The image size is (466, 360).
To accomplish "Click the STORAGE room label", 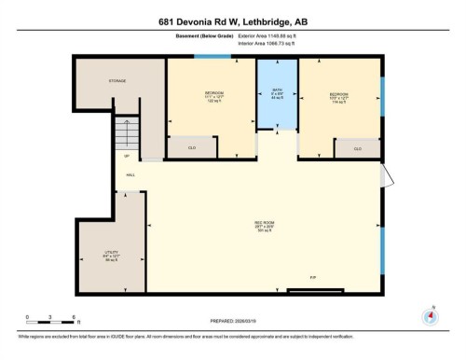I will tap(116, 81).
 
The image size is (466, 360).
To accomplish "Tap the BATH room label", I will tap(277, 91).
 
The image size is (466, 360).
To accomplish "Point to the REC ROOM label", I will tap(264, 224).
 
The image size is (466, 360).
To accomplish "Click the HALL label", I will tap(130, 175).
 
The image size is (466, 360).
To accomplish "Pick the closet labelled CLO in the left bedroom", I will tap(190, 147).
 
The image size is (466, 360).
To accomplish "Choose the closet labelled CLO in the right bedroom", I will tap(357, 148).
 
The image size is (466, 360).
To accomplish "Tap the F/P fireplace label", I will tap(313, 278).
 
